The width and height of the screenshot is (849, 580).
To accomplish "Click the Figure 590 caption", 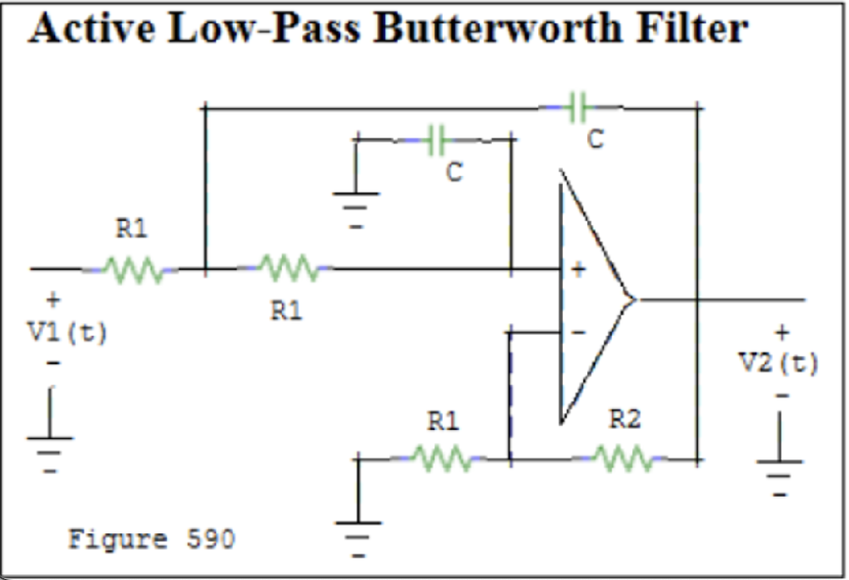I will [151, 539].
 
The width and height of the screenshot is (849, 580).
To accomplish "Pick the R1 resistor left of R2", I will [443, 457].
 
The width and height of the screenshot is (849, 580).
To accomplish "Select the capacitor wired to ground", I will [435, 140].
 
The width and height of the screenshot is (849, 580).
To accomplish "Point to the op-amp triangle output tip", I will [634, 299].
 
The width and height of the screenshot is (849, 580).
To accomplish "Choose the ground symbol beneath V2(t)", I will [780, 471].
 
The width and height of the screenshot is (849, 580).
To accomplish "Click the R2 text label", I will [625, 421].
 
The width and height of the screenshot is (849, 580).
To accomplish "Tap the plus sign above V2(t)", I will [781, 332].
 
